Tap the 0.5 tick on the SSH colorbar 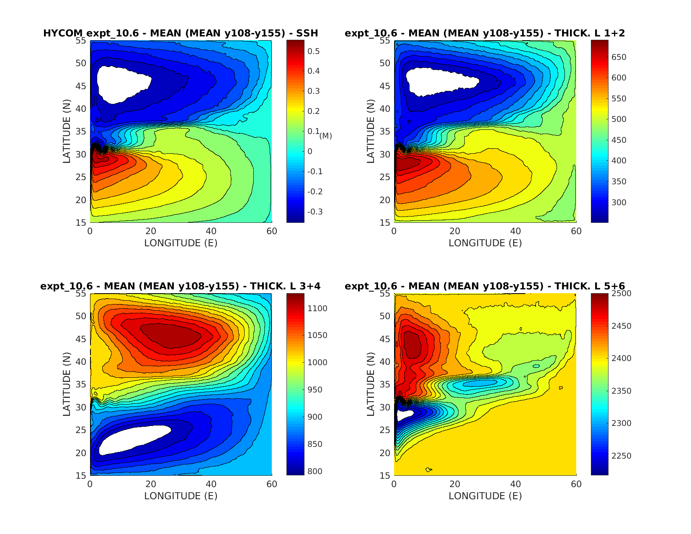[314, 51]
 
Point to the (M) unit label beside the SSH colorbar [325, 136]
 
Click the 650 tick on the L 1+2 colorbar [619, 57]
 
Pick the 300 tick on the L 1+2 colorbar [619, 202]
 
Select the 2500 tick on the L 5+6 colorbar [621, 294]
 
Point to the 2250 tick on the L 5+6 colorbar [621, 456]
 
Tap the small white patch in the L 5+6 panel [405, 415]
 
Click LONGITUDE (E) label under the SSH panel [180, 243]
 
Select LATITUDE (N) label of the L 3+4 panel [67, 384]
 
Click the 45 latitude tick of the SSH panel [80, 86]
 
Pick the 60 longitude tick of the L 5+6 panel [576, 484]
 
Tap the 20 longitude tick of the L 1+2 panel [454, 231]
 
